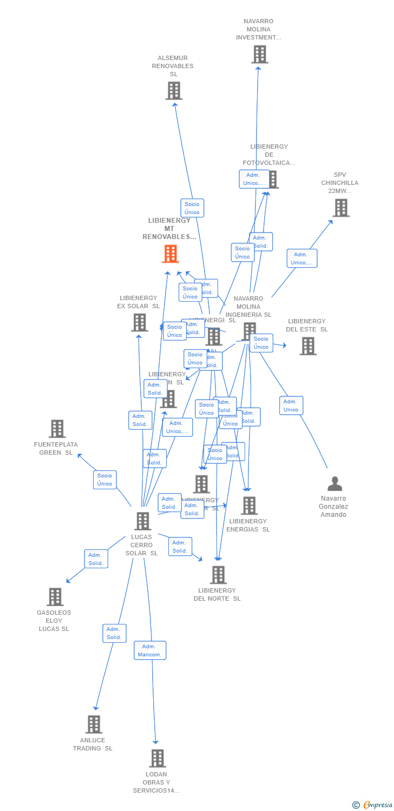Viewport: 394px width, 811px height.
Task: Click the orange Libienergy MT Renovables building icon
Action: tap(170, 254)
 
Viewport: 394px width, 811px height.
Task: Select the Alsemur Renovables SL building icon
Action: tap(174, 91)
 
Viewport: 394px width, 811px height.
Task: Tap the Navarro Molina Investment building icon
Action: tap(260, 55)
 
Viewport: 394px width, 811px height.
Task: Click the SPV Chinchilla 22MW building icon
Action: tap(341, 208)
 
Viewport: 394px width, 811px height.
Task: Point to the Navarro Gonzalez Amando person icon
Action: tap(335, 484)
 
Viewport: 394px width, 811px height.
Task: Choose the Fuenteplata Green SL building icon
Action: tap(57, 429)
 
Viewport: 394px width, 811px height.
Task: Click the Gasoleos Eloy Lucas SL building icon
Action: tap(55, 597)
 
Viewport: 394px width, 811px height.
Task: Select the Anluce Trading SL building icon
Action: tap(94, 724)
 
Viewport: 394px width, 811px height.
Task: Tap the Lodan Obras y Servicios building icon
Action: tap(157, 759)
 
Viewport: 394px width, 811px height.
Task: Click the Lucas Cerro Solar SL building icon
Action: tap(142, 521)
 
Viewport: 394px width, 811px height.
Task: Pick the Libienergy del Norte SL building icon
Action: tap(218, 575)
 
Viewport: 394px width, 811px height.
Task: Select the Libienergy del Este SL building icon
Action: tap(308, 346)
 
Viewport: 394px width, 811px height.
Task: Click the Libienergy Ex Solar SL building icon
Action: tap(140, 323)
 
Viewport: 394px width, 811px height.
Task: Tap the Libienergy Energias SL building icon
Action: tap(249, 506)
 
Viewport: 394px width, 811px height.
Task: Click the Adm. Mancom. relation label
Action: tap(150, 650)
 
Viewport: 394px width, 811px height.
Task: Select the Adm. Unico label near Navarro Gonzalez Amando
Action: tap(291, 405)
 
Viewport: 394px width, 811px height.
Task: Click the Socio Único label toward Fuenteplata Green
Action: tap(105, 480)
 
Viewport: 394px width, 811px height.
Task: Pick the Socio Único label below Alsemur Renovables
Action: tap(192, 208)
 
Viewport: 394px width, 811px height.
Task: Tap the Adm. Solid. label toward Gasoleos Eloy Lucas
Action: tap(96, 559)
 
